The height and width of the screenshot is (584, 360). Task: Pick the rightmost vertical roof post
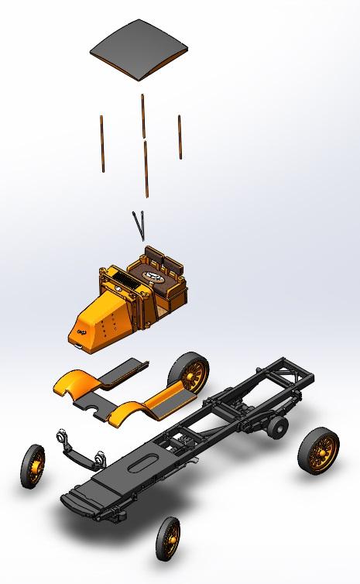[180, 137]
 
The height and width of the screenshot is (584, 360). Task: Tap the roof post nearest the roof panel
[142, 116]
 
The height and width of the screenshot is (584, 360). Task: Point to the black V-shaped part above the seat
[140, 224]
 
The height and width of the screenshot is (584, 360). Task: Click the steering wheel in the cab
[152, 276]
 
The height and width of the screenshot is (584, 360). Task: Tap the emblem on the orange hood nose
[81, 332]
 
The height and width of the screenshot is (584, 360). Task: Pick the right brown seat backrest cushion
[171, 257]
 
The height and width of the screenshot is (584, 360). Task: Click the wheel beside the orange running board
[190, 375]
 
